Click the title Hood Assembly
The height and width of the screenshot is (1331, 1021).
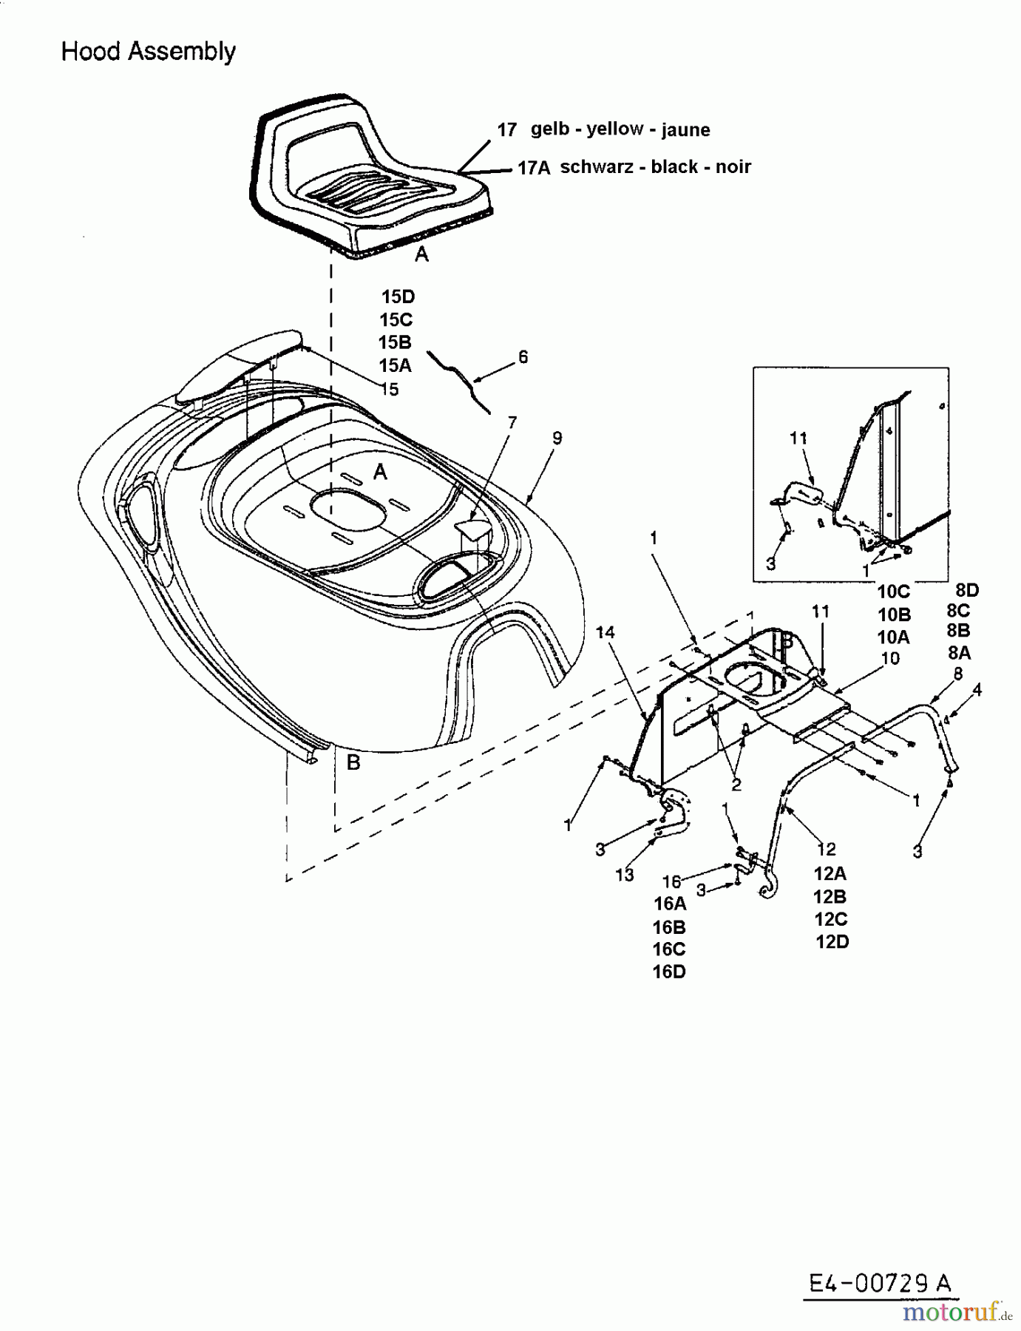point(148,52)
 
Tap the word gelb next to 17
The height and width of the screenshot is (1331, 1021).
point(550,129)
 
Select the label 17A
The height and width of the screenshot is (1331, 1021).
point(533,168)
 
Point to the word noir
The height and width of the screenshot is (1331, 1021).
point(733,167)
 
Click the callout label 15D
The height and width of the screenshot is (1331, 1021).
point(398,297)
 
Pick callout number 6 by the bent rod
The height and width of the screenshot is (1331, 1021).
point(523,357)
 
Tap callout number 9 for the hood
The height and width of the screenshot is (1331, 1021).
point(557,438)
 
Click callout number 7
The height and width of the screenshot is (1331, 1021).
point(512,422)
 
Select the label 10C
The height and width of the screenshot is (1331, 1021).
point(893,592)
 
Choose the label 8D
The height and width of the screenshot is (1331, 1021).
point(966,590)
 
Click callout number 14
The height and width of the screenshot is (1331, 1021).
point(606,632)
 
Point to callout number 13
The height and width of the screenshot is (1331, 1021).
point(625,875)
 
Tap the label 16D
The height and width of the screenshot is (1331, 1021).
point(669,972)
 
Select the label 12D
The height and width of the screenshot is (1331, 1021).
point(832,942)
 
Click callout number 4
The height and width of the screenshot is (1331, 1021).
point(977,690)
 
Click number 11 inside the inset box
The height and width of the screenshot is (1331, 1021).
point(798,438)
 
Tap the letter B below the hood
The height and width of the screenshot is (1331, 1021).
point(353,762)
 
